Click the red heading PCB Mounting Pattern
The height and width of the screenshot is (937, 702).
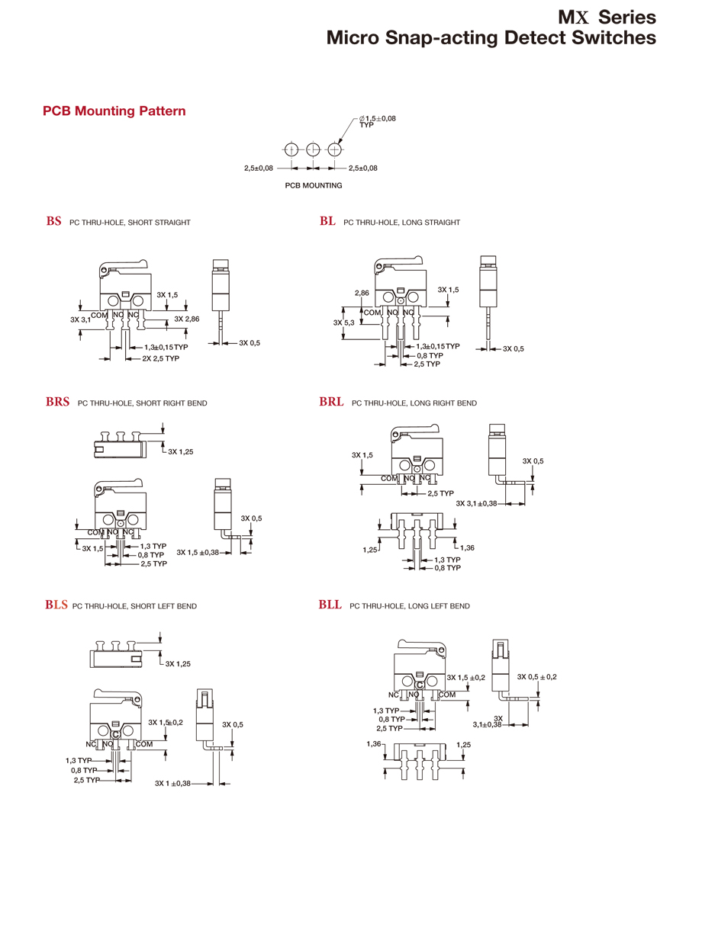click(114, 111)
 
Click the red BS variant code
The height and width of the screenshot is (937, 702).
click(53, 222)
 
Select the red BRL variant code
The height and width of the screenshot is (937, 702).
click(331, 403)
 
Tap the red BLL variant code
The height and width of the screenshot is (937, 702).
click(330, 605)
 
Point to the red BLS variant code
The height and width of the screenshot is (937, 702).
click(56, 606)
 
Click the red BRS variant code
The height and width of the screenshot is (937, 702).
click(57, 403)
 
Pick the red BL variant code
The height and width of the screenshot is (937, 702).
click(327, 222)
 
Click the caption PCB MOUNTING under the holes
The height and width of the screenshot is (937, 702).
click(313, 185)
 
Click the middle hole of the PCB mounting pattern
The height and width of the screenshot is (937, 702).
click(313, 149)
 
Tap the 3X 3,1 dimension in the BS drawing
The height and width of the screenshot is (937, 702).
click(80, 319)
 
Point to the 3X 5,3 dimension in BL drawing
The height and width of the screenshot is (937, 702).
click(344, 322)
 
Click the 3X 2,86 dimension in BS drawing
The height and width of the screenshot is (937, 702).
click(186, 319)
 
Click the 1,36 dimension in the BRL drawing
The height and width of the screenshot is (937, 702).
click(468, 548)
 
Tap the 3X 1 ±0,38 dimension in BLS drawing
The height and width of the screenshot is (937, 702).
click(172, 783)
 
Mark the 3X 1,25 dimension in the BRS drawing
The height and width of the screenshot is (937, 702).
click(180, 451)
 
